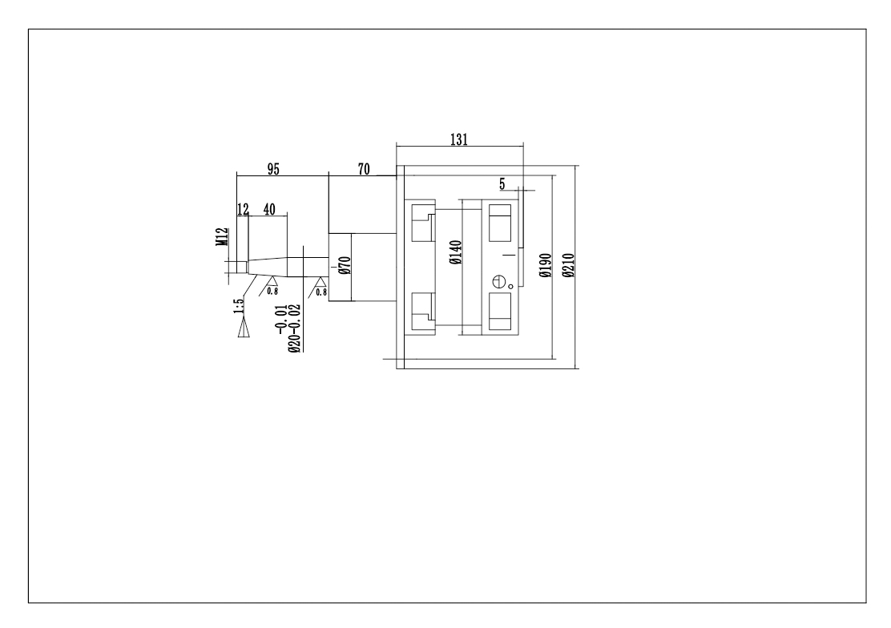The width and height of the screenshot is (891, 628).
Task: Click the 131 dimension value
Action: pyautogui.click(x=458, y=138)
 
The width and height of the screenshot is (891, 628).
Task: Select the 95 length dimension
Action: pyautogui.click(x=272, y=168)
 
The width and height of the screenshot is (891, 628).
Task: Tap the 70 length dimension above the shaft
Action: pyautogui.click(x=364, y=168)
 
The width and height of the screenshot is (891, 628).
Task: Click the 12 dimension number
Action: pyautogui.click(x=244, y=209)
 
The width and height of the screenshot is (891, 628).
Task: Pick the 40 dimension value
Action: pyautogui.click(x=268, y=209)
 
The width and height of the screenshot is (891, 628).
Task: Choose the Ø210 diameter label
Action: pyautogui.click(x=567, y=265)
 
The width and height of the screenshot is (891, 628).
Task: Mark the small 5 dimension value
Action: pyautogui.click(x=502, y=183)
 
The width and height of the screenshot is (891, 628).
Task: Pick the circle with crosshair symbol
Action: pyautogui.click(x=499, y=282)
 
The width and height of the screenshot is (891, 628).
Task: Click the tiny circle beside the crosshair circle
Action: pyautogui.click(x=510, y=286)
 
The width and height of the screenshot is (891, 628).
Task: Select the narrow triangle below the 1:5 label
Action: pyautogui.click(x=244, y=328)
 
